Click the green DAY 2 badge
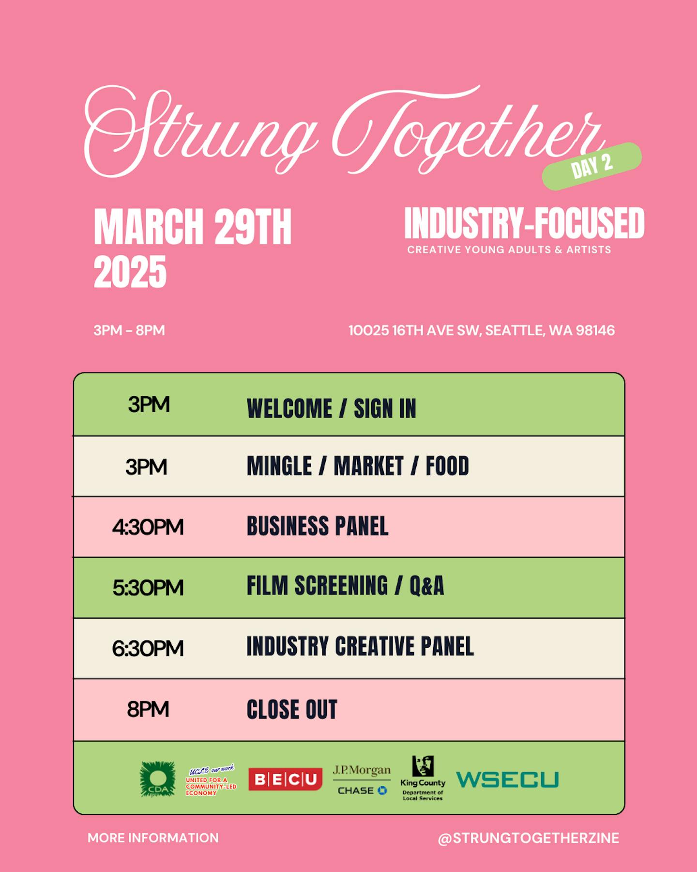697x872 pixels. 592,166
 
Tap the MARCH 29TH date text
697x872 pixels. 193,227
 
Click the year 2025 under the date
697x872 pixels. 130,272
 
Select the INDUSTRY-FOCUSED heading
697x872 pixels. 524,223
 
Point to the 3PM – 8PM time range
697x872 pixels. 129,330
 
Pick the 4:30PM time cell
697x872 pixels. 148,527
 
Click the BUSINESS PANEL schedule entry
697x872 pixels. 318,526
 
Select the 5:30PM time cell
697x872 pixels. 148,588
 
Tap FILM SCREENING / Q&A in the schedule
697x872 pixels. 345,586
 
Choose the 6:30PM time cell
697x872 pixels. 148,648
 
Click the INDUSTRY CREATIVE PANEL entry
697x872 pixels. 360,646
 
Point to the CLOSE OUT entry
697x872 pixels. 292,710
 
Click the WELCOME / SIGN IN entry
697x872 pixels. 332,408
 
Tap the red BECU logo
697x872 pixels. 286,779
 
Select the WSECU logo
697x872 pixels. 508,779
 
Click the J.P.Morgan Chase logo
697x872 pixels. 362,780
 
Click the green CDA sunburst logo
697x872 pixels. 157,779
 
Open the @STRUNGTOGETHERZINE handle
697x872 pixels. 529,838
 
